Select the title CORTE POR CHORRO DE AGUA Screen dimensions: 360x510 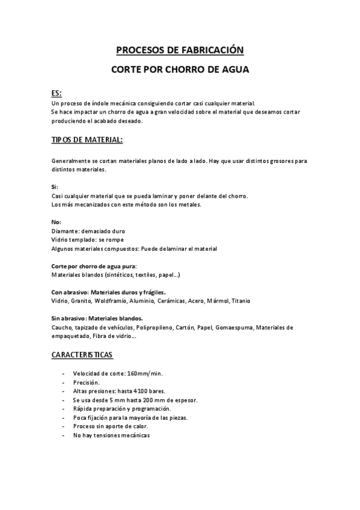[180, 70]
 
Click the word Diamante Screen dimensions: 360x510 [64, 231]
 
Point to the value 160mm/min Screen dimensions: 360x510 [145, 373]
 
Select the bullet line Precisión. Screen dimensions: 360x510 [87, 382]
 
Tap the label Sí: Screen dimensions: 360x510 [55, 187]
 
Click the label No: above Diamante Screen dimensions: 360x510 [56, 222]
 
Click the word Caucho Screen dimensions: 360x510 [63, 327]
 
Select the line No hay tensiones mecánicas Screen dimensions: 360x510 [111, 435]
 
